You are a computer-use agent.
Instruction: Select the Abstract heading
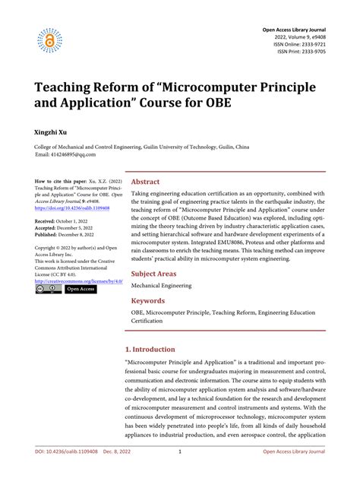[x=146, y=182]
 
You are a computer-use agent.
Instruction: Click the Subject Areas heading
[x=155, y=273]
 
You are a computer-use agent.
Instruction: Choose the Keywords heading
[x=149, y=301]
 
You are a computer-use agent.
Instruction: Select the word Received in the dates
[x=49, y=220]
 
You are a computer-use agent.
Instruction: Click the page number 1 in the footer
[x=179, y=472]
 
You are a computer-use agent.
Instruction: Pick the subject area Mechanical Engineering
[x=161, y=286]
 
